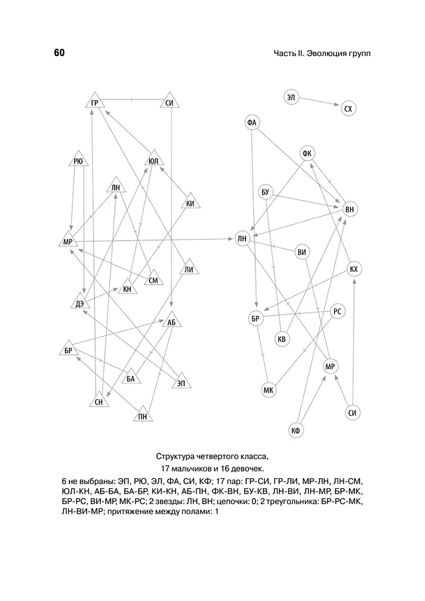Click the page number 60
59,53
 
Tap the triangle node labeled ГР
95,102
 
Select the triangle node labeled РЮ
78,160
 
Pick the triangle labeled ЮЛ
153,159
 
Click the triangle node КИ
190,202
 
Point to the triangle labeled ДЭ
80,303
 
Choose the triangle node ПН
143,415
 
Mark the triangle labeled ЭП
181,381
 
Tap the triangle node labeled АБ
171,321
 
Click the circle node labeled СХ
348,109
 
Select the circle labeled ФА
252,123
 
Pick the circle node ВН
350,210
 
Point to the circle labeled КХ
354,269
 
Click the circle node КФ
296,431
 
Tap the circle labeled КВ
282,339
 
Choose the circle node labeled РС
337,311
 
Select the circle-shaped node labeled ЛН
242,239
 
